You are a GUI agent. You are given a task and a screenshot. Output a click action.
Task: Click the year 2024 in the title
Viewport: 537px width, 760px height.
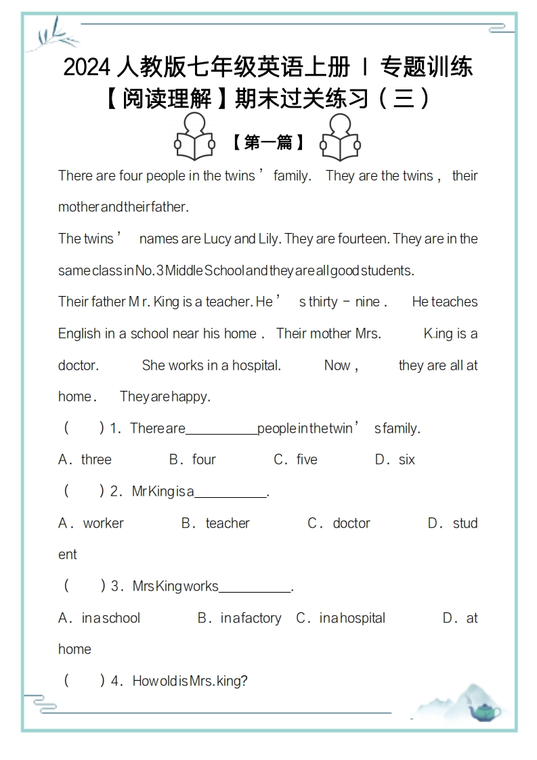click(86, 68)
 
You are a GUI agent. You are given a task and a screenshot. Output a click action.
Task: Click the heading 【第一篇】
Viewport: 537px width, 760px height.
click(267, 142)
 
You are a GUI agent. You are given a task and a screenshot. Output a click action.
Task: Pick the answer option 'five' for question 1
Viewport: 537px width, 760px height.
click(307, 460)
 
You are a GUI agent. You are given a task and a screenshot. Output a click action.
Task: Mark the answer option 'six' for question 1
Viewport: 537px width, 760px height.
click(406, 460)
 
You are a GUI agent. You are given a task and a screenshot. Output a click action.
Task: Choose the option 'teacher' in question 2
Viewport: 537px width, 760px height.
click(228, 523)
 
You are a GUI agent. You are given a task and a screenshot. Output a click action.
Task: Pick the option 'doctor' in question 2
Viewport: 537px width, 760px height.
click(351, 523)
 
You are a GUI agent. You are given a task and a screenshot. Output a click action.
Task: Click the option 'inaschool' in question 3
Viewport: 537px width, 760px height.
click(110, 618)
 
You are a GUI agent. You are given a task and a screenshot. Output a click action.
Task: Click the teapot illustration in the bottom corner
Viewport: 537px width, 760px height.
click(485, 711)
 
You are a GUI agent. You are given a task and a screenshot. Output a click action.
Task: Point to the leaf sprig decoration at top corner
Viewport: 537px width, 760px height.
click(52, 34)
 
